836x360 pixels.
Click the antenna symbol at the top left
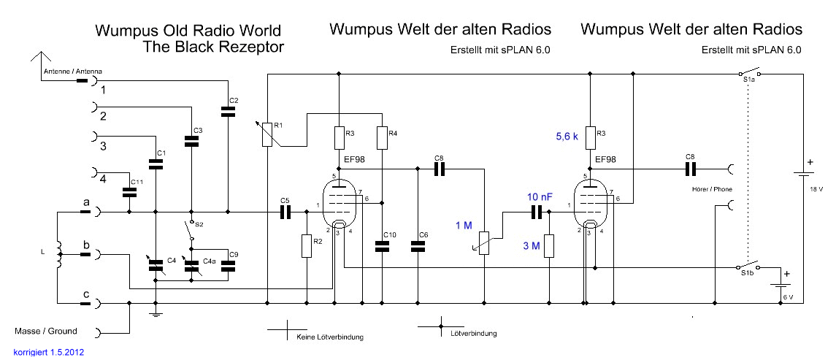coord(40,59)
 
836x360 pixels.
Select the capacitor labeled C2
coord(229,112)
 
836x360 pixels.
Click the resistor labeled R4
coord(382,137)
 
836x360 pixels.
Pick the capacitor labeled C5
coord(285,212)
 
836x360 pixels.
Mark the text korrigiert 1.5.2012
coord(49,352)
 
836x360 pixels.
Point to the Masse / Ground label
coord(45,331)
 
